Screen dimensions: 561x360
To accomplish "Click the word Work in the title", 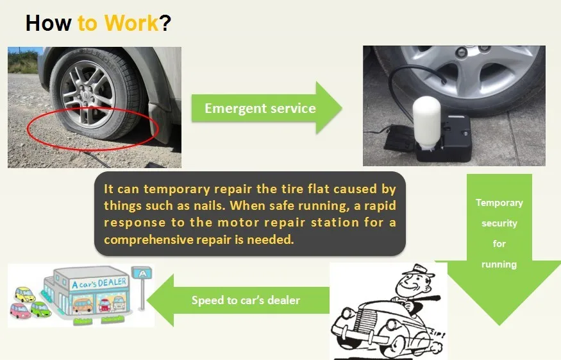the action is (x=131, y=23).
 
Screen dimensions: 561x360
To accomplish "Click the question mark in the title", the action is (x=165, y=23).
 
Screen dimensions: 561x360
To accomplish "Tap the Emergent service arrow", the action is (x=267, y=108).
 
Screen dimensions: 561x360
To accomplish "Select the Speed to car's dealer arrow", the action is (x=238, y=300).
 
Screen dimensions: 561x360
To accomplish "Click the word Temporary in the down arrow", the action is (x=499, y=203).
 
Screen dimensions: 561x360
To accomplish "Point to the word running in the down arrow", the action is (x=499, y=265).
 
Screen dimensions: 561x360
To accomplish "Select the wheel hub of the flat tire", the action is (x=86, y=95).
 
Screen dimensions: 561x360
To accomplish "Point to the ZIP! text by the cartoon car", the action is (x=437, y=335).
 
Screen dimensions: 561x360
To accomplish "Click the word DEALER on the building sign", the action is (x=112, y=282).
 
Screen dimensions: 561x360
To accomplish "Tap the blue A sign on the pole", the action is (x=142, y=273).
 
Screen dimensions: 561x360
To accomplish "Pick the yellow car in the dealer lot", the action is (x=25, y=294).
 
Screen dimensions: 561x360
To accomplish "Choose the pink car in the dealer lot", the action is (x=21, y=311).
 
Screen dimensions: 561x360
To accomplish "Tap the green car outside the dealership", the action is (x=40, y=309).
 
